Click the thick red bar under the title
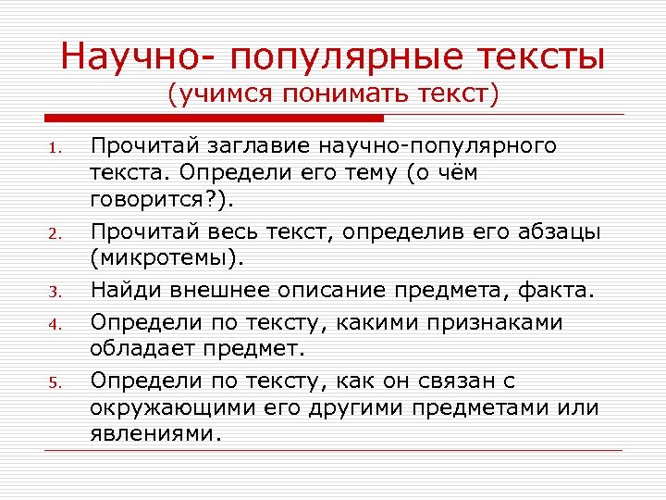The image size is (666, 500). [214, 119]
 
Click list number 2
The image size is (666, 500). [55, 233]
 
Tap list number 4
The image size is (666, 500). [55, 325]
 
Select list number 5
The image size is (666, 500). [55, 383]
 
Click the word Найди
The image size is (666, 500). [123, 292]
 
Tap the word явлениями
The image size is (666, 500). [155, 433]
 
